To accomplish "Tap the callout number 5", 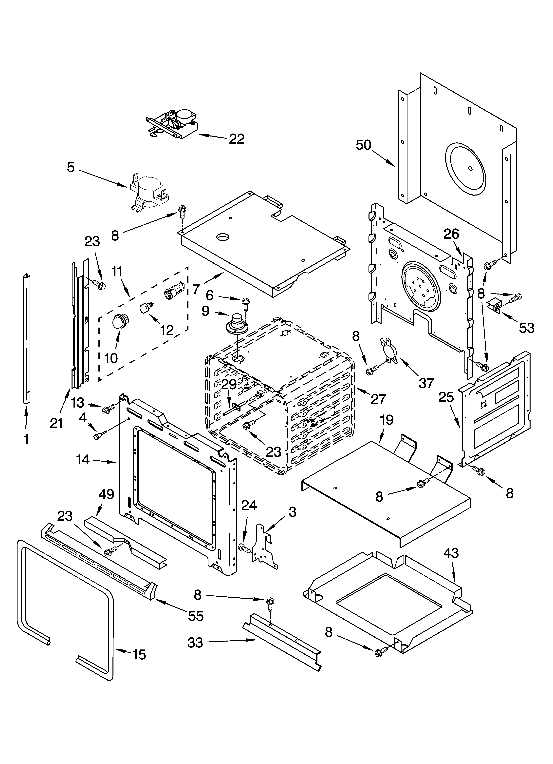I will (70, 167).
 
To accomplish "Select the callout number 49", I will (106, 494).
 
